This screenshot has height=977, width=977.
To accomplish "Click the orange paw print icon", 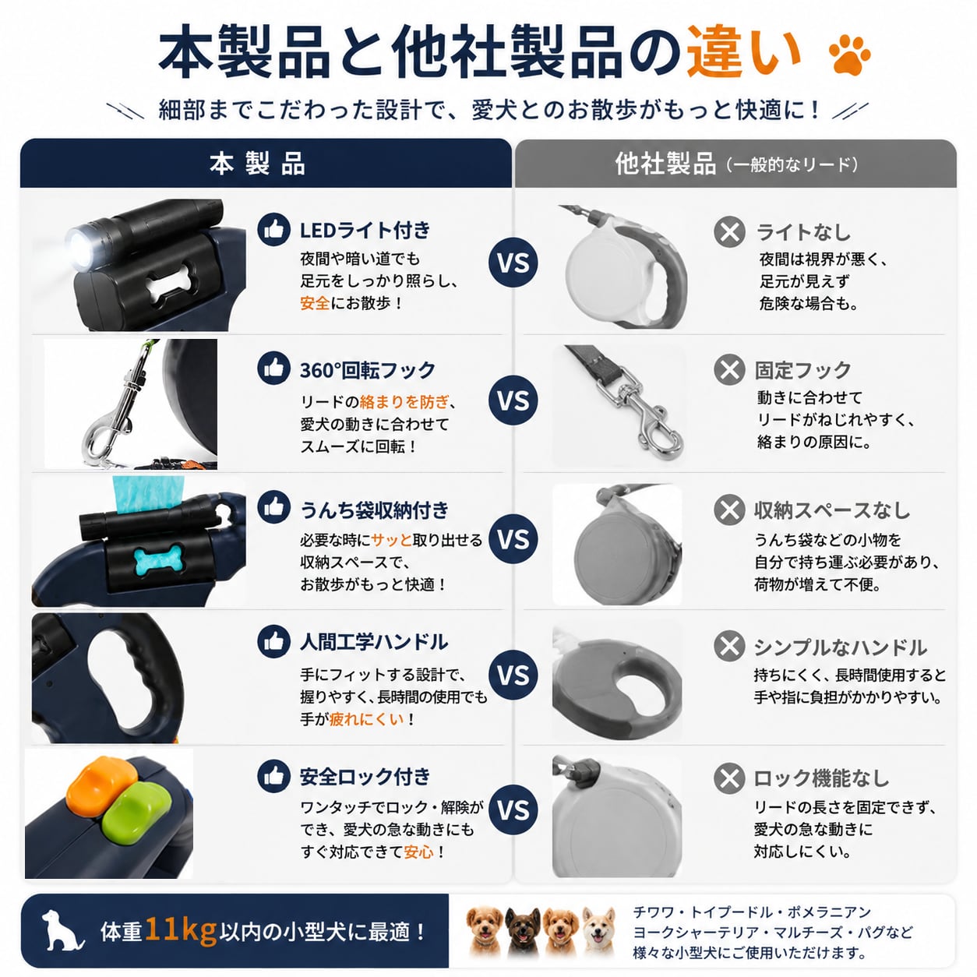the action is (x=849, y=55).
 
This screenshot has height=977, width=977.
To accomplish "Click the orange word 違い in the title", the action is (x=744, y=52).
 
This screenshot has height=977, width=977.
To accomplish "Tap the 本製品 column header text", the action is (x=257, y=164).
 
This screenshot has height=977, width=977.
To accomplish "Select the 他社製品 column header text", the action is (x=665, y=164).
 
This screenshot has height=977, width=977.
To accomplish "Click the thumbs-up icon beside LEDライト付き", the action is (x=273, y=230).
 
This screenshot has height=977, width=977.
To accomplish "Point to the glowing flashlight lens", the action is (x=81, y=249).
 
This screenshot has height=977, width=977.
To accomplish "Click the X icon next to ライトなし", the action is (x=729, y=232).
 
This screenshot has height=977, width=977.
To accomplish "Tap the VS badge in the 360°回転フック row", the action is (x=513, y=400).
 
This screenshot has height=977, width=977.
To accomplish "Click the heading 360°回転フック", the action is (x=368, y=370).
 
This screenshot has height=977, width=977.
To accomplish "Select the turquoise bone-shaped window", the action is (x=157, y=560).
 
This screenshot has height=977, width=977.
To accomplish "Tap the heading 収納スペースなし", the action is (x=832, y=510).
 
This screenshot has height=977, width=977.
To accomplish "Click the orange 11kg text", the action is (x=181, y=930).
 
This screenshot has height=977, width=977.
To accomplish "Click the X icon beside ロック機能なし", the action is (x=729, y=778).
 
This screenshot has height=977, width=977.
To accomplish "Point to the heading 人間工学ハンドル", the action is (x=374, y=642).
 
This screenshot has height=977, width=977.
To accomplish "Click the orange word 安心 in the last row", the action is (x=419, y=852).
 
